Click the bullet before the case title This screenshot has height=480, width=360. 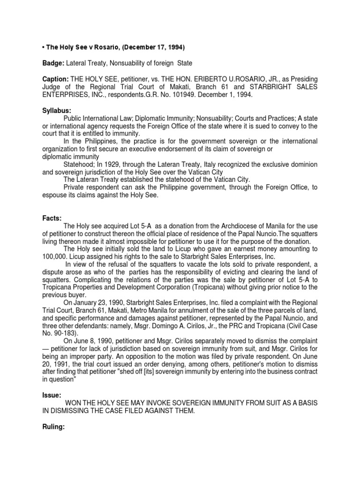coord(44,47)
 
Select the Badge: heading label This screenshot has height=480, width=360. coord(53,63)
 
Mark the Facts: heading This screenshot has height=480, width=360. coord(51,205)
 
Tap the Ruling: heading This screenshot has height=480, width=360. coord(53,427)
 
